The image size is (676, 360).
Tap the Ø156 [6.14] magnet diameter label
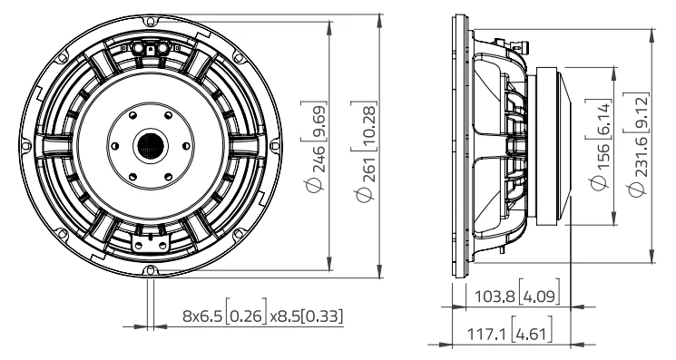pos(600,144)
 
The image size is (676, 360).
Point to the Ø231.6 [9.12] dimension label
pos(637,144)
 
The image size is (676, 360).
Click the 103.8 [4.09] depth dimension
pos(517,296)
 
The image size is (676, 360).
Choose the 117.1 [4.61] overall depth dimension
pos(510,333)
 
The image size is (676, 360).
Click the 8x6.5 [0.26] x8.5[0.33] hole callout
pos(263,316)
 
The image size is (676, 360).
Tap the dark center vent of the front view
pos(151,146)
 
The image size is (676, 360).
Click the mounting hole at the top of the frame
pos(150,21)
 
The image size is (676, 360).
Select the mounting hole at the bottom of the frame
pos(150,270)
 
